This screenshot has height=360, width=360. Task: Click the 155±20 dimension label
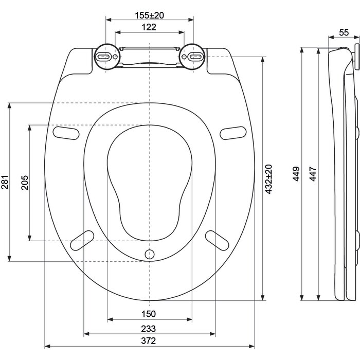[150, 15]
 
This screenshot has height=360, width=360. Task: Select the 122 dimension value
[149, 27]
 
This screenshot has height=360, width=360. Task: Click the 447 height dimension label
[313, 175]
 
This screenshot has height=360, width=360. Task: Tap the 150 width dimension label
[149, 314]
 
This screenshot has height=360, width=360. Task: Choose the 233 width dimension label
[149, 329]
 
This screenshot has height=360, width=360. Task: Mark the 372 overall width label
[149, 341]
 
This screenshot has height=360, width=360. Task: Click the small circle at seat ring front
[150, 254]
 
